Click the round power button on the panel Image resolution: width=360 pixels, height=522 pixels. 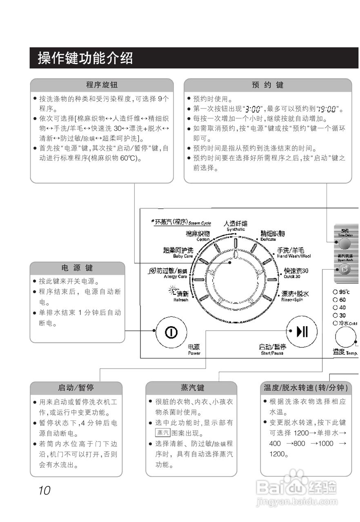click(171, 332)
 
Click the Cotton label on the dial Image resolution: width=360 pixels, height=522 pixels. click(198, 236)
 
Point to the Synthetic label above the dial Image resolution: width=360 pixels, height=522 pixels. click(236, 226)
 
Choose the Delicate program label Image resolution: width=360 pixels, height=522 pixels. click(272, 236)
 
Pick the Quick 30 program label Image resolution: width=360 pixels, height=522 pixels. click(296, 272)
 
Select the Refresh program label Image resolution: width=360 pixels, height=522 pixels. click(180, 295)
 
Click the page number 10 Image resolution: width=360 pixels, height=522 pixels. click(44, 491)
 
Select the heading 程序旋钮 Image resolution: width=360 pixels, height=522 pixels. click(102, 85)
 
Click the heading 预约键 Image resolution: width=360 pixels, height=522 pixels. click(267, 85)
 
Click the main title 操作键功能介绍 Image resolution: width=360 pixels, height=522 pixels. click(85, 58)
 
